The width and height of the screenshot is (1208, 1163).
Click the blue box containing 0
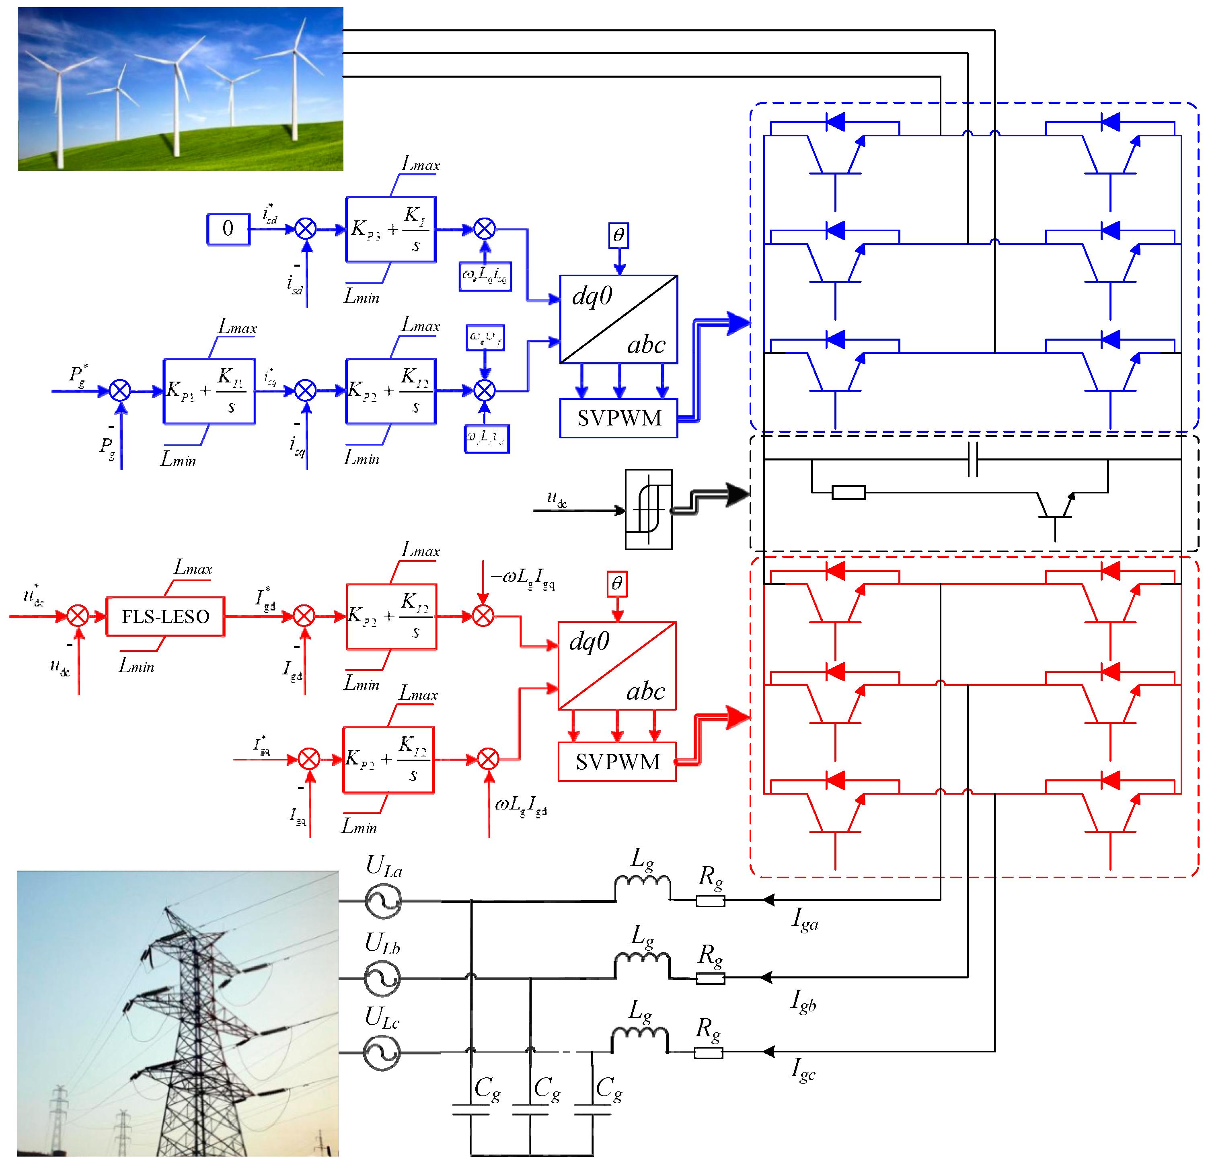coord(228,229)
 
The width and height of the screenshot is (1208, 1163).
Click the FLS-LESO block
coord(165,616)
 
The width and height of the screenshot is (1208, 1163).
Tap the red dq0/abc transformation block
coord(617,666)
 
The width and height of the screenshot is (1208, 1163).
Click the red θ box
coord(617,584)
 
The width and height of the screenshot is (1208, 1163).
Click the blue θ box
coord(619,235)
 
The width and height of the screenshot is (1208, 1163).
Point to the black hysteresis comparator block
coord(648,509)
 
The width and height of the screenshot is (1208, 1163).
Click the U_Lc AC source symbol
coord(382,1053)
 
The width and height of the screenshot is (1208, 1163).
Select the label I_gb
coord(804,1001)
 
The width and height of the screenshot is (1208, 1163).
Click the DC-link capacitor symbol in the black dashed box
coord(973,459)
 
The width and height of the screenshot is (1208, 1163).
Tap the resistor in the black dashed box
coord(848,493)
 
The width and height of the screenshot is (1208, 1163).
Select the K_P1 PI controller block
coord(209,391)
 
